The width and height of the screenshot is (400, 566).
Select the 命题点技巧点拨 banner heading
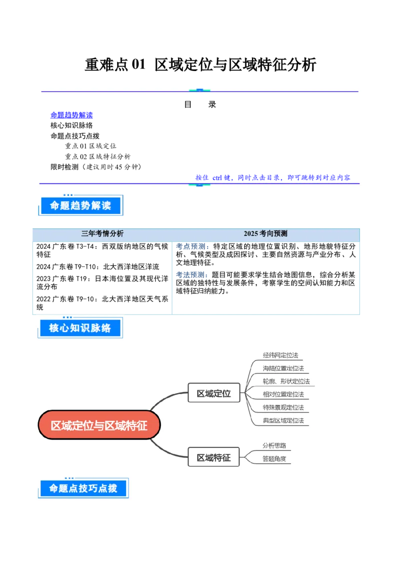tap(83, 488)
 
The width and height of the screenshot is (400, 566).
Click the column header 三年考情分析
tap(102, 233)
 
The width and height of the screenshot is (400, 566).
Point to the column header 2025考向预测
tap(265, 233)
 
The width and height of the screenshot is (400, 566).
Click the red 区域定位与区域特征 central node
tap(99, 425)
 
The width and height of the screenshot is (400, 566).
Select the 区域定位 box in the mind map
tap(213, 393)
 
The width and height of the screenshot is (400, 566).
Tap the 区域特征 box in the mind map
tap(213, 457)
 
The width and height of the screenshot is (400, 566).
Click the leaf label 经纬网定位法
tap(280, 355)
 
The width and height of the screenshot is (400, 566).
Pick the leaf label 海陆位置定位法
tap(283, 368)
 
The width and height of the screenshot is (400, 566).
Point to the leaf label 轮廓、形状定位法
tap(286, 381)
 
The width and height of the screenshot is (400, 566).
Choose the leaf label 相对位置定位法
tap(283, 394)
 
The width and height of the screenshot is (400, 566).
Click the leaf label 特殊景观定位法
tap(283, 407)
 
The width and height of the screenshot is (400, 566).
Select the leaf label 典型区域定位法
tap(283, 420)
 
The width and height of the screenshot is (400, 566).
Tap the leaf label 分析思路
tap(274, 445)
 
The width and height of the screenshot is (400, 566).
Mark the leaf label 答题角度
tap(274, 458)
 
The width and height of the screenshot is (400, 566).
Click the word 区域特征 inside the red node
tap(129, 425)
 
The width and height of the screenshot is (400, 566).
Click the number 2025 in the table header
tap(251, 233)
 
